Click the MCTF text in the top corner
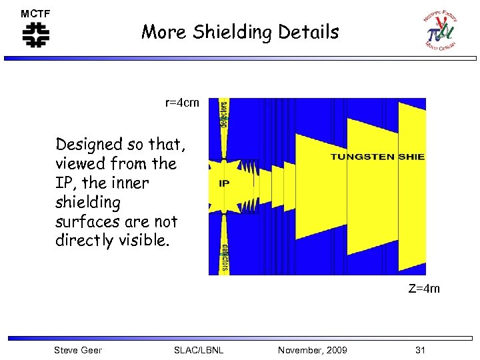pyautogui.click(x=35, y=13)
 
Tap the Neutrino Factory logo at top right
pyautogui.click(x=439, y=30)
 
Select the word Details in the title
pyautogui.click(x=312, y=32)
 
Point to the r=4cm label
pyautogui.click(x=182, y=103)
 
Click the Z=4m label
pyautogui.click(x=423, y=289)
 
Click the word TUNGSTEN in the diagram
pyautogui.click(x=362, y=157)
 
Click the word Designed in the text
pyautogui.click(x=89, y=145)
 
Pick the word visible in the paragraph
pyautogui.click(x=140, y=240)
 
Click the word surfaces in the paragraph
pyautogui.click(x=85, y=221)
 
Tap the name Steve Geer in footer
pyautogui.click(x=78, y=350)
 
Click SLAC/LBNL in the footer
pyautogui.click(x=198, y=350)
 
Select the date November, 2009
pyautogui.click(x=312, y=350)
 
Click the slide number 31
pyautogui.click(x=420, y=350)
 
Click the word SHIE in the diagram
pyautogui.click(x=411, y=157)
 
